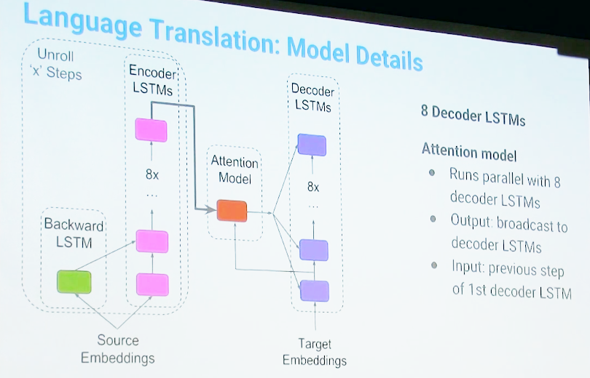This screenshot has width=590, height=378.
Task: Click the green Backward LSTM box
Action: click(74, 281)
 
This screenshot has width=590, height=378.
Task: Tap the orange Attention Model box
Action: click(232, 211)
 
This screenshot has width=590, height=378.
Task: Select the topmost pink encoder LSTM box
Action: click(151, 130)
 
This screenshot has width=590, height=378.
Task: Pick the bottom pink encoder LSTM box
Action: click(152, 284)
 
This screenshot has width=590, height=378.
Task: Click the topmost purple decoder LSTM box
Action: click(312, 145)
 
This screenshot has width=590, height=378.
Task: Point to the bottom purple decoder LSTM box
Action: click(315, 291)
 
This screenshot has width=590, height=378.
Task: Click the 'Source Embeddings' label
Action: click(118, 349)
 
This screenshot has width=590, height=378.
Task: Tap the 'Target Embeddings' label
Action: click(315, 352)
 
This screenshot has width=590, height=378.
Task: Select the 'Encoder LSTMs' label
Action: click(152, 80)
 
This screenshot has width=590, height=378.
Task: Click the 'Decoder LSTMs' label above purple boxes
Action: click(312, 97)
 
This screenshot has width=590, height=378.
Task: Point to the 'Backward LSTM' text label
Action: click(74, 233)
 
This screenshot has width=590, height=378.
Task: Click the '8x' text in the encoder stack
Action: click(152, 174)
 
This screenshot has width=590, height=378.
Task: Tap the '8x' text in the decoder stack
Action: click(313, 187)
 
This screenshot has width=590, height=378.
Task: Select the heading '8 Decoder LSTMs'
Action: click(473, 116)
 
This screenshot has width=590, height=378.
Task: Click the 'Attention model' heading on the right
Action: click(469, 152)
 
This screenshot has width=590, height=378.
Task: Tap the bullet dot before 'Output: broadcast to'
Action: click(433, 219)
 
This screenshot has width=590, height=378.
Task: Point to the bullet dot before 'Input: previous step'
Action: click(434, 265)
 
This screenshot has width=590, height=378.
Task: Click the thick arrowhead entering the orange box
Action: click(211, 209)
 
